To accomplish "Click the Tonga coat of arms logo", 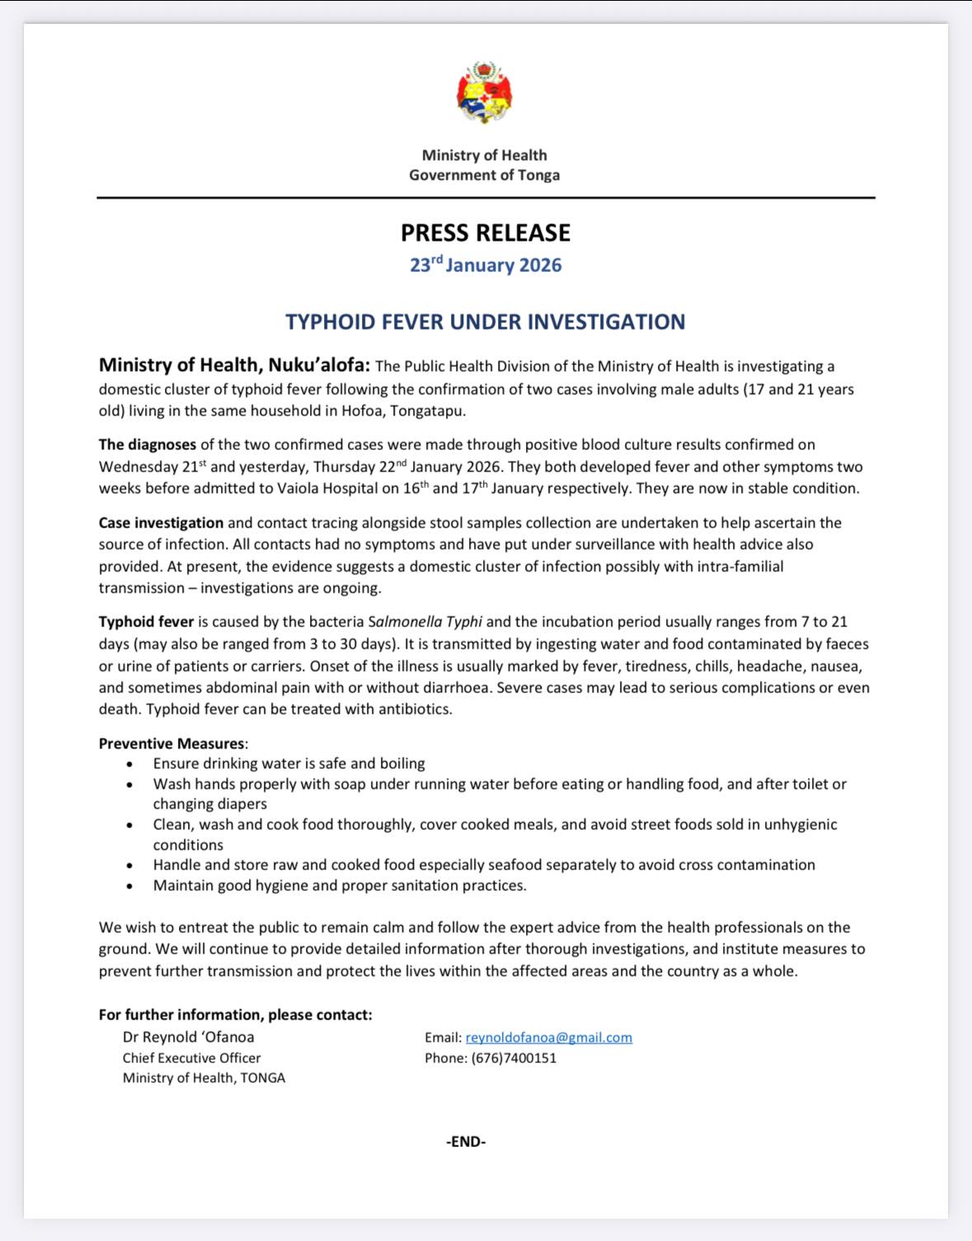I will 485,92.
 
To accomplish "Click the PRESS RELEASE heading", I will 486,233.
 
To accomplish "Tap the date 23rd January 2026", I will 486,265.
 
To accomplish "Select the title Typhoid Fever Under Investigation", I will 486,321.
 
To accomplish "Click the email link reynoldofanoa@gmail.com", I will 548,1037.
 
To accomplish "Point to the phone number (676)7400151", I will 514,1058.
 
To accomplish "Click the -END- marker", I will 466,1141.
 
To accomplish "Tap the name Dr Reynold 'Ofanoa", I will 188,1037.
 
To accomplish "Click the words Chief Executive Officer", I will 191,1058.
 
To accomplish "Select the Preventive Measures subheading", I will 171,743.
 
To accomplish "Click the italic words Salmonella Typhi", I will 425,622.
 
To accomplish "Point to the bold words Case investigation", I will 161,522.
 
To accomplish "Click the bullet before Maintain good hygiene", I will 130,887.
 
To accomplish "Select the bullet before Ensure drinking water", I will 130,765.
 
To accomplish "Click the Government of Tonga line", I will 485,175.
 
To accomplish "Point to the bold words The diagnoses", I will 148,445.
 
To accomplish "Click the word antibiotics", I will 414,709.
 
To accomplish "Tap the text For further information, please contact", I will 235,1014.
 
